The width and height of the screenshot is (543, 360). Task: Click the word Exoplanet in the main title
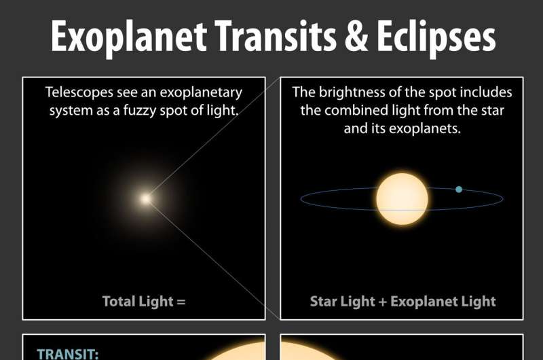(x=129, y=37)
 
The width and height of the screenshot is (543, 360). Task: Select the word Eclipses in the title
(x=436, y=37)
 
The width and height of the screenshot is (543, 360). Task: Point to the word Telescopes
(x=79, y=92)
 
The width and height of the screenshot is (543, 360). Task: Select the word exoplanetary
(x=201, y=93)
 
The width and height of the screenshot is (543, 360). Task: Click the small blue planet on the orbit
(x=459, y=190)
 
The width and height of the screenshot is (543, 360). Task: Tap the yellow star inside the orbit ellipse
(x=402, y=199)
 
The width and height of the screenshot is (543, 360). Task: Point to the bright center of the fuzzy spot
(x=145, y=198)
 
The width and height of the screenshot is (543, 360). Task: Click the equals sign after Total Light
(x=181, y=302)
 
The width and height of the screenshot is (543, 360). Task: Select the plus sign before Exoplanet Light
(x=383, y=302)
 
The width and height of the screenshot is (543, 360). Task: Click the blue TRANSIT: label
(x=68, y=354)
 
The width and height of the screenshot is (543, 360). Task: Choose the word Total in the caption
(x=118, y=301)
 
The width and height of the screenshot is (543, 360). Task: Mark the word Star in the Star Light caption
(x=324, y=301)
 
